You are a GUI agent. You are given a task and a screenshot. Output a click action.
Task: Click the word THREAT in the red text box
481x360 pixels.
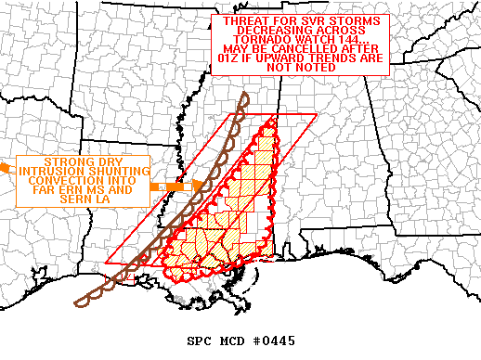tap(237, 20)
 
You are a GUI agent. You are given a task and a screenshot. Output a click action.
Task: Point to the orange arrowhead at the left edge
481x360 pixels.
tap(5, 167)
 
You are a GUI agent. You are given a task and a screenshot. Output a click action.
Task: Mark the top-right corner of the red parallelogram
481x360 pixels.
tap(317, 114)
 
